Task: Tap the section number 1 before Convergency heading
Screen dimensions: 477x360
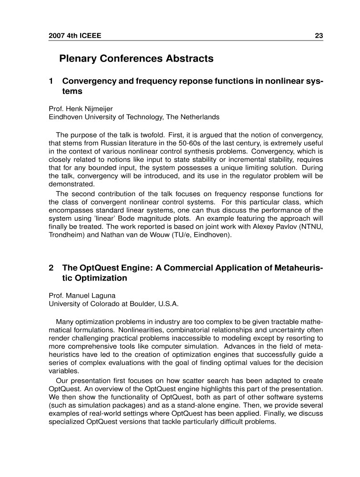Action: pos(51,81)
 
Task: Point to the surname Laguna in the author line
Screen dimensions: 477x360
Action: pos(103,295)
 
